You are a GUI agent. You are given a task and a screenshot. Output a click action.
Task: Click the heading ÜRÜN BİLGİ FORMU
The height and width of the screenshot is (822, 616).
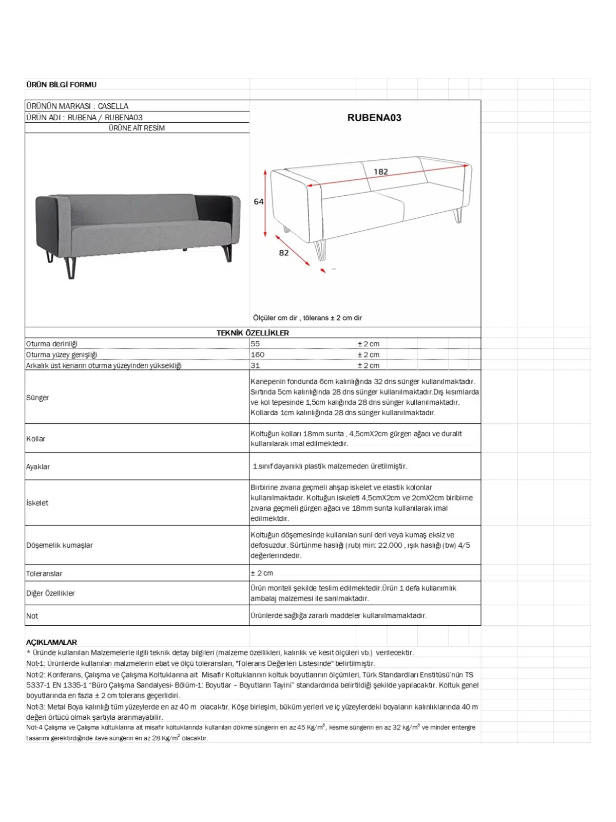tap(61, 85)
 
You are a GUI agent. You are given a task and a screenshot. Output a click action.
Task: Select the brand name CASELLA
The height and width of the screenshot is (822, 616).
tap(113, 106)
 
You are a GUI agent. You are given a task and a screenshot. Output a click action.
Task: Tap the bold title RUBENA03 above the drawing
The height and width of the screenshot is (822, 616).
tap(374, 118)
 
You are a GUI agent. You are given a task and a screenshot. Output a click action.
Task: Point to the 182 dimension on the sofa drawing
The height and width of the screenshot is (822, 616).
tap(380, 172)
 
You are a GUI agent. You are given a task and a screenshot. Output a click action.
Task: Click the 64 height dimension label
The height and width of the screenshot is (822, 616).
tap(259, 202)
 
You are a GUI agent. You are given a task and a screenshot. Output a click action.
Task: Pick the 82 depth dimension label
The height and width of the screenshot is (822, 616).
tap(284, 253)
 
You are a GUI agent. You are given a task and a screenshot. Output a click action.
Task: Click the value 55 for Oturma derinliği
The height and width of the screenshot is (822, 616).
tap(255, 344)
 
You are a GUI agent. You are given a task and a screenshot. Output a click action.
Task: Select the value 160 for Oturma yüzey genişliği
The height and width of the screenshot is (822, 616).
tap(258, 354)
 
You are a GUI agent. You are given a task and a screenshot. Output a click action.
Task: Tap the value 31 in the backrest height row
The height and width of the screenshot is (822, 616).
tap(255, 366)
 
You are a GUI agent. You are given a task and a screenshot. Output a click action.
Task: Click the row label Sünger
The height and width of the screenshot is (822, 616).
tap(37, 398)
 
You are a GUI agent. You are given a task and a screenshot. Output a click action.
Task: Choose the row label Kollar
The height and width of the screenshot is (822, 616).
tap(35, 439)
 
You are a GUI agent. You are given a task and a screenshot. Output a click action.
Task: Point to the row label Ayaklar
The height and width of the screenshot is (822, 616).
tap(38, 467)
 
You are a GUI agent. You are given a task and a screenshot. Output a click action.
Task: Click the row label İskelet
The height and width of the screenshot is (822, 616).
tap(37, 503)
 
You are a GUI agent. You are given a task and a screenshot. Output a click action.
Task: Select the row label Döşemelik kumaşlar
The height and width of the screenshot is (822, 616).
tap(60, 545)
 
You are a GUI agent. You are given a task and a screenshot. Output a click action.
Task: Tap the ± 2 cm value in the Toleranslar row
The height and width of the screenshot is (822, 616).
tap(262, 573)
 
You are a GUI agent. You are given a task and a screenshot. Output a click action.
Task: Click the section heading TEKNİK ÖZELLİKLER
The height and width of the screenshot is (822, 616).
tap(253, 333)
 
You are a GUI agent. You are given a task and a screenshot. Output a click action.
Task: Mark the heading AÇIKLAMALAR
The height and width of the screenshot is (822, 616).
tap(51, 642)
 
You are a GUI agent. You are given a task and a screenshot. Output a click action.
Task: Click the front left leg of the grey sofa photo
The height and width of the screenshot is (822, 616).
tap(71, 267)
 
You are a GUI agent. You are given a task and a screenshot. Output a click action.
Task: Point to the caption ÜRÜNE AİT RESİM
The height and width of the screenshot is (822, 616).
tap(137, 128)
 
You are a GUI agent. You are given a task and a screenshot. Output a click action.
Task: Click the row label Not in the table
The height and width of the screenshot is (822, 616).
tap(32, 616)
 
